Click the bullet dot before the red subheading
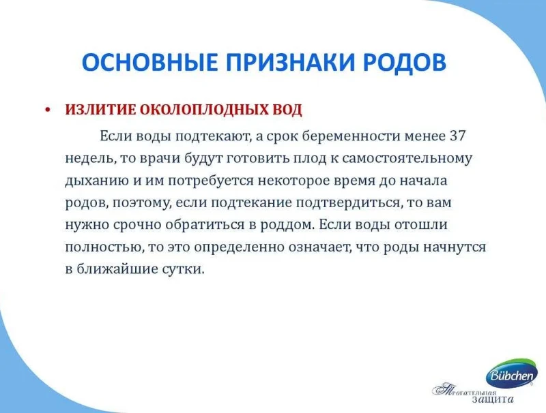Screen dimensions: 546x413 pyautogui.click(x=48, y=110)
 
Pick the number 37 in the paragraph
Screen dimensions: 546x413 pyautogui.click(x=457, y=136)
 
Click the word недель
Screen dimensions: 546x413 pyautogui.click(x=89, y=159)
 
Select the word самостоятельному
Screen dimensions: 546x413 pyautogui.click(x=407, y=159)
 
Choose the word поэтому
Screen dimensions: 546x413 pyautogui.click(x=142, y=203)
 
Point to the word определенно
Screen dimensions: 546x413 pyautogui.click(x=241, y=247)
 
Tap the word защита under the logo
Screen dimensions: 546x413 pyautogui.click(x=493, y=399)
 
